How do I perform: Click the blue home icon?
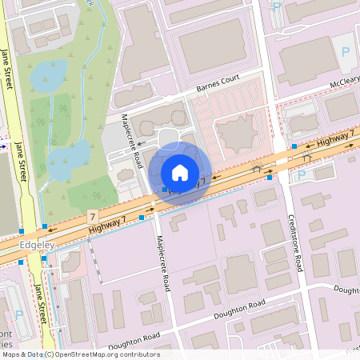pyautogui.click(x=180, y=172)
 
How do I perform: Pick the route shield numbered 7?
pyautogui.click(x=94, y=217)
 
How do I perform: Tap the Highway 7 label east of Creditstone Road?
pyautogui.click(x=334, y=141)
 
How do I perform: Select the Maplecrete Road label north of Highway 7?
pyautogui.click(x=131, y=139)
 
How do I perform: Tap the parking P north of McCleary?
pyautogui.click(x=346, y=51)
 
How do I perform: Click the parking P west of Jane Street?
pyautogui.click(x=19, y=315)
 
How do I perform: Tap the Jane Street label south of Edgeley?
pyautogui.click(x=40, y=304)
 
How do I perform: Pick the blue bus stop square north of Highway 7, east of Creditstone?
pyautogui.click(x=294, y=146)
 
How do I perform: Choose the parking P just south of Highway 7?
pyautogui.click(x=302, y=174)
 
